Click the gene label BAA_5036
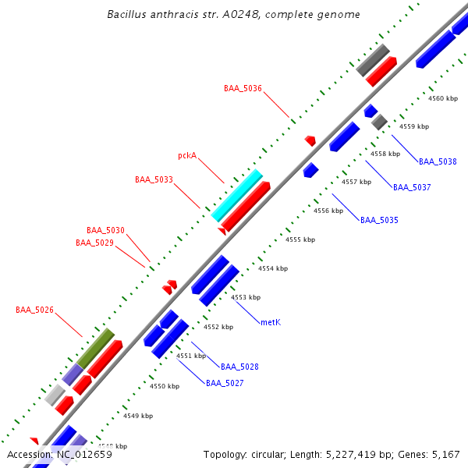pos(243,88)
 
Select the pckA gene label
pos(186,155)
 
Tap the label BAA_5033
pos(154,179)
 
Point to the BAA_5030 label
pos(105,230)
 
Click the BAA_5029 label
pos(94,243)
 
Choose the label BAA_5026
pos(34,310)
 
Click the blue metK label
pos(271,321)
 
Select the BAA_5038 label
pos(438,161)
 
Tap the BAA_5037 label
pos(412,187)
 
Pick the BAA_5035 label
pos(379,220)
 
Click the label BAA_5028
pos(239,366)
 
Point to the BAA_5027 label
pos(225,383)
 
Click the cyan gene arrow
pos(237,195)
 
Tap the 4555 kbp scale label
pos(299,239)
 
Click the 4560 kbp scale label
pos(442,98)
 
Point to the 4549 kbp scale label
pos(137,416)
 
